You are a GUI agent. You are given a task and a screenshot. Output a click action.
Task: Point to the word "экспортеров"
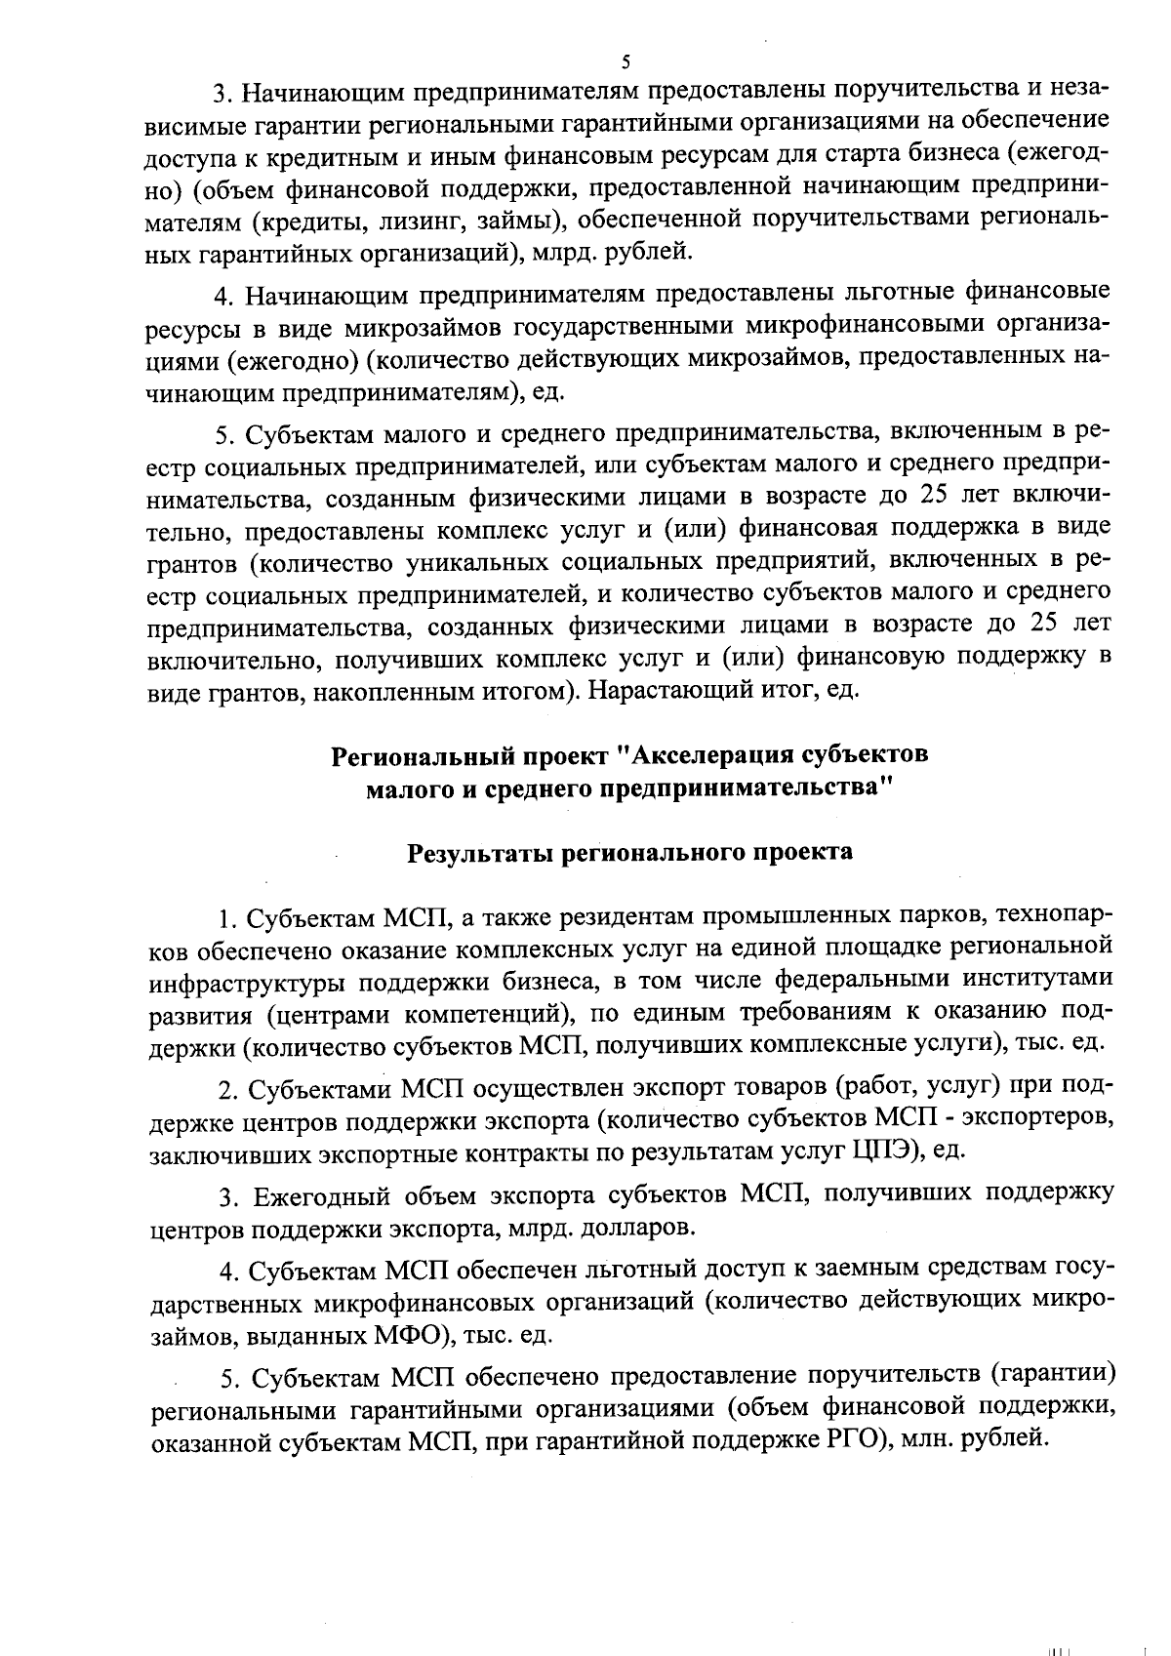pyautogui.click(x=1037, y=1117)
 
